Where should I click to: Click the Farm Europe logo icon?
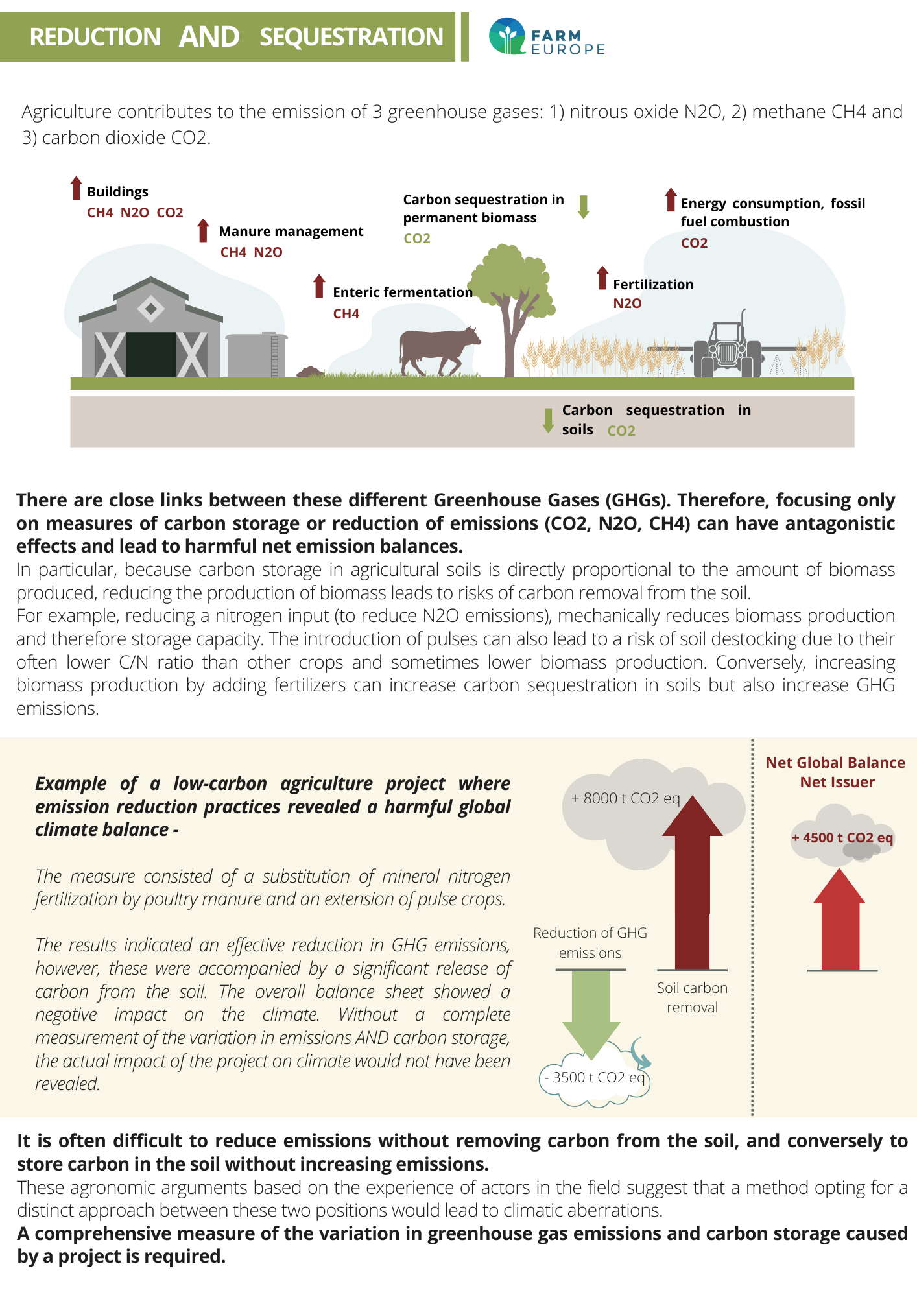[506, 36]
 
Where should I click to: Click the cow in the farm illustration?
[440, 351]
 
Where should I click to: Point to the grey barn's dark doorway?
[151, 354]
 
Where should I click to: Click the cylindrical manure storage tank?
[256, 355]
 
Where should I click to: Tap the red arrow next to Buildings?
[77, 187]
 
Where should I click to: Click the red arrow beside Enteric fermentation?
[319, 286]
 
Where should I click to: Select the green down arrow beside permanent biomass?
[584, 207]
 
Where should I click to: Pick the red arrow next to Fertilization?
[602, 278]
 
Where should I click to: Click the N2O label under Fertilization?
[628, 303]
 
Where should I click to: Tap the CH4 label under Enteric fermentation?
[346, 314]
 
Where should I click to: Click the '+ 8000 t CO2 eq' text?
[625, 798]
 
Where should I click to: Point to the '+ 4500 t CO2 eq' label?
[842, 837]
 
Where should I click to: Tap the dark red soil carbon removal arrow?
[693, 883]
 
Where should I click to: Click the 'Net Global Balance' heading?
[835, 763]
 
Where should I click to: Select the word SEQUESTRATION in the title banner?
[351, 37]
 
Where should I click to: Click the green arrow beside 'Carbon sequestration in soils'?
[548, 420]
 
